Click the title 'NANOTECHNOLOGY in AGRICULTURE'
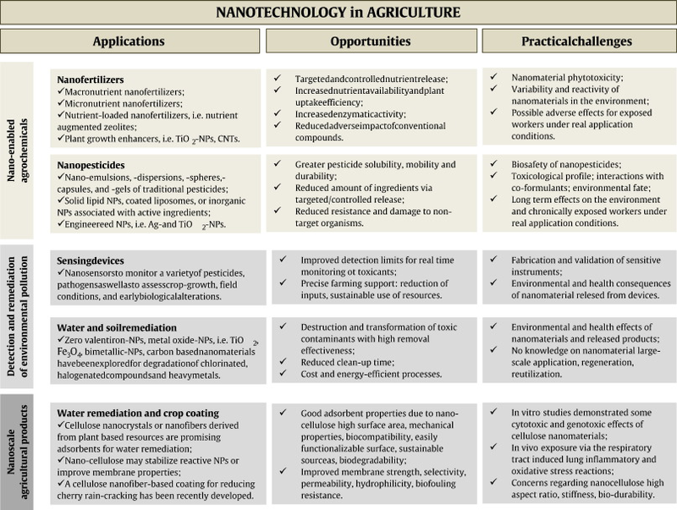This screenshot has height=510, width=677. coord(338,14)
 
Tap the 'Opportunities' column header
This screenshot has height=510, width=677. coord(372,41)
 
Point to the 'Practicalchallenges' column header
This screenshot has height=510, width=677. coord(578,41)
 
